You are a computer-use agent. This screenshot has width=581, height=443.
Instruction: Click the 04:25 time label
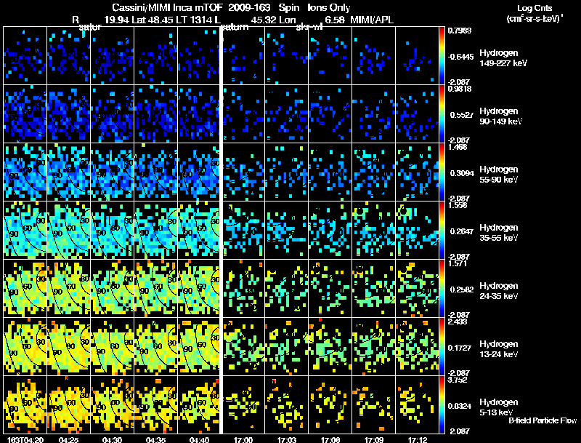pos(69,439)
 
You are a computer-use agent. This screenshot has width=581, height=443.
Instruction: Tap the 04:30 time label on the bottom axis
pos(113,439)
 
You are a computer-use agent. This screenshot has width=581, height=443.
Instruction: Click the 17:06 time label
pos(330,439)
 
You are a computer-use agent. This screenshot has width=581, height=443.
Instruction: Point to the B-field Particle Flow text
pos(543,420)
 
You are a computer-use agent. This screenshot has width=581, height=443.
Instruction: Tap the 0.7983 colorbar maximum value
pos(459,31)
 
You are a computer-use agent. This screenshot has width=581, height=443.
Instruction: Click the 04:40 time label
pos(199,439)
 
